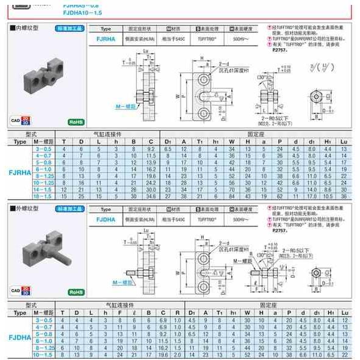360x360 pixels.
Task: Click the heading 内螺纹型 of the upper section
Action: (x=26, y=28)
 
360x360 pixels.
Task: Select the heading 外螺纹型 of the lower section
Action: (x=26, y=208)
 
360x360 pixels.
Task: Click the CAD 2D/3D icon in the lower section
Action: (x=21, y=290)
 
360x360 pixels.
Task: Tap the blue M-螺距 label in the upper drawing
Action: (x=124, y=106)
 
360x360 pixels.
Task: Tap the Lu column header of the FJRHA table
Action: (x=344, y=142)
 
